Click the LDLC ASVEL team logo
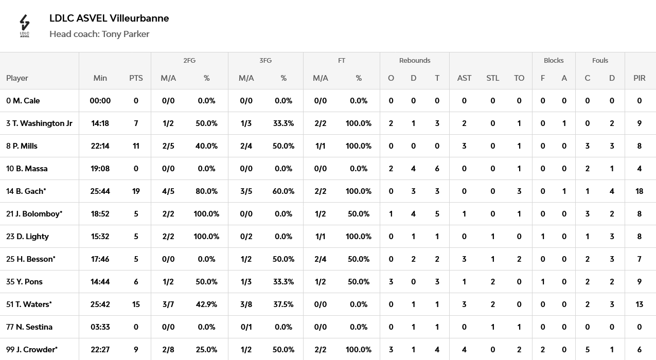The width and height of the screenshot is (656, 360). [25, 26]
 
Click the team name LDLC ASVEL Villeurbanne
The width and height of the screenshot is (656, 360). [109, 18]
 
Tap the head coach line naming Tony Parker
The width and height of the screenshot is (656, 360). [99, 34]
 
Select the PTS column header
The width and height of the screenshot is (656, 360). [136, 78]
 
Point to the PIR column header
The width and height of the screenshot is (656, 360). [640, 78]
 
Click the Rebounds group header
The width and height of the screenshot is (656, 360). [415, 60]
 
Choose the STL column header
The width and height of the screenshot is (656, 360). [492, 78]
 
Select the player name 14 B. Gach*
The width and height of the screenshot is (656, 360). [26, 191]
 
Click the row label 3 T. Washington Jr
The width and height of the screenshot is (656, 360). [39, 123]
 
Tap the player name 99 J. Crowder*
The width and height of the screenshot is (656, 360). [32, 350]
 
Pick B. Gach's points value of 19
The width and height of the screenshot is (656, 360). [136, 191]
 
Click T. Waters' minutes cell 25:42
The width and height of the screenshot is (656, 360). [100, 304]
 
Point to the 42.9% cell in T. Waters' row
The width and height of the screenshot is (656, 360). [206, 304]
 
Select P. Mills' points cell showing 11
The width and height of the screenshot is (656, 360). [136, 146]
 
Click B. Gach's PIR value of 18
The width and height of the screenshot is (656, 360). [640, 191]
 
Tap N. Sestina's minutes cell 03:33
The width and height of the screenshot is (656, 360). [100, 327]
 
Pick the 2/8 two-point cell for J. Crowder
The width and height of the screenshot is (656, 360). [168, 350]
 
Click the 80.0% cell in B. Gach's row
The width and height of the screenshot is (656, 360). [206, 191]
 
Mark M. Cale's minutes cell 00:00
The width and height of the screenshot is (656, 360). [100, 101]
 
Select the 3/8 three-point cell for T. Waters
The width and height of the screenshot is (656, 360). [246, 304]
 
